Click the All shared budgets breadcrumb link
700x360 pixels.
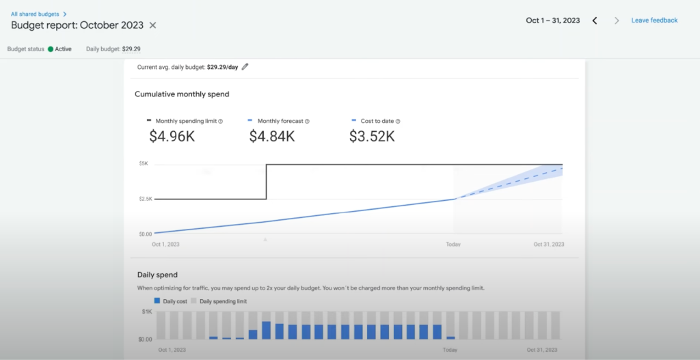point(38,14)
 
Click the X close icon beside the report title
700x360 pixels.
point(153,25)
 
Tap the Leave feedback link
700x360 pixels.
point(654,20)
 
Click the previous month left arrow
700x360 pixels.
point(595,20)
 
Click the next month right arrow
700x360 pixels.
point(617,20)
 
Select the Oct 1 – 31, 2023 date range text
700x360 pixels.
point(552,20)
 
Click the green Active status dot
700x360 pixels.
point(51,49)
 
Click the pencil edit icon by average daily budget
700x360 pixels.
point(245,67)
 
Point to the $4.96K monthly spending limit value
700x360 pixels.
point(172,136)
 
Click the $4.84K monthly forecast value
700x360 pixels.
point(271,136)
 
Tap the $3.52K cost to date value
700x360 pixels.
point(371,136)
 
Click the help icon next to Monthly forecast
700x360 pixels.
point(307,121)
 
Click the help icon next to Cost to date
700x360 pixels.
point(398,121)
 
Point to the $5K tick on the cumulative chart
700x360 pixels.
point(143,164)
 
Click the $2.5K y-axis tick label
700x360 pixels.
point(145,199)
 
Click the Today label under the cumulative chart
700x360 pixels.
point(453,244)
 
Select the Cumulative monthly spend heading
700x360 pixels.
point(182,94)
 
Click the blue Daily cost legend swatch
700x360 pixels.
point(157,301)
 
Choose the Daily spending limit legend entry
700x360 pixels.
point(219,301)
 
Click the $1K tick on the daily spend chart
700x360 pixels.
point(146,311)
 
